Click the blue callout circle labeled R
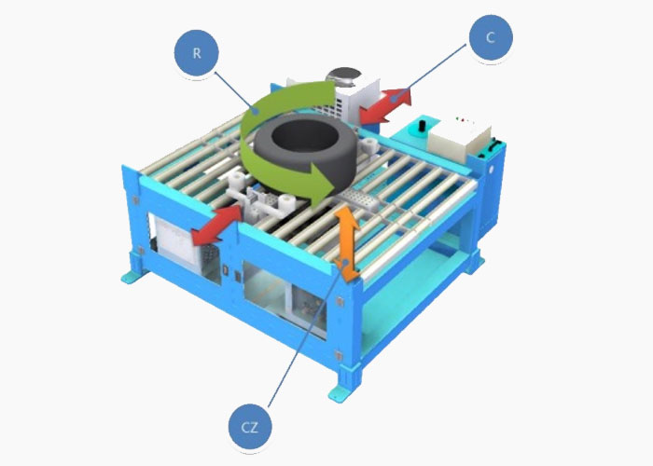[197, 53]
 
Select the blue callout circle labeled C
[491, 37]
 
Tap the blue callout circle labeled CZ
[250, 427]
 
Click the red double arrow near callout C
[385, 105]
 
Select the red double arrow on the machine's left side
[216, 225]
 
